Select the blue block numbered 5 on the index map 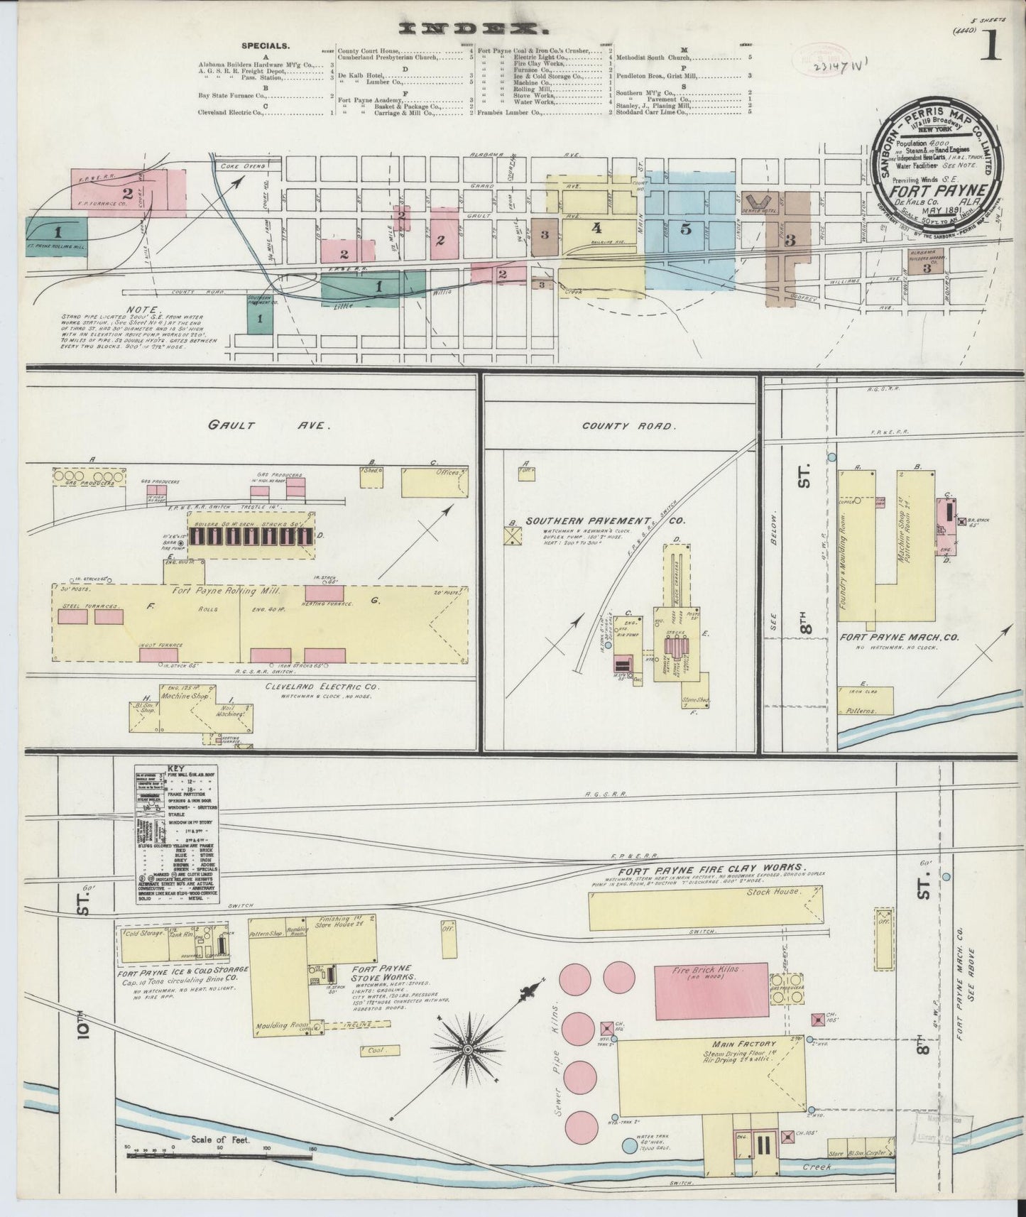[x=685, y=229]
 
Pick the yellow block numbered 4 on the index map [x=596, y=228]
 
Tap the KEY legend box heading [x=175, y=768]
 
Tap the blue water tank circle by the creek [x=629, y=1145]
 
